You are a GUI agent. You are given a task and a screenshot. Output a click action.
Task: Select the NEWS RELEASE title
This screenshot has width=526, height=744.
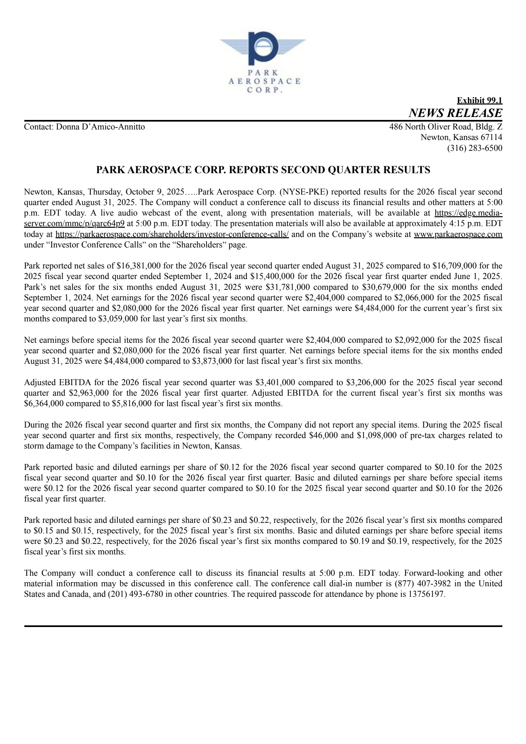[x=455, y=113]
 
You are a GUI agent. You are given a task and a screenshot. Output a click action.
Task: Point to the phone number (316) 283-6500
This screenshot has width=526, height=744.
[x=474, y=148]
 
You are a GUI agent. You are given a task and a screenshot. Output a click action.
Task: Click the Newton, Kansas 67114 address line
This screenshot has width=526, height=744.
[x=461, y=137]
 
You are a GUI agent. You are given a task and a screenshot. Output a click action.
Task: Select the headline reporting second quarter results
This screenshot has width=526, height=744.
[x=263, y=170]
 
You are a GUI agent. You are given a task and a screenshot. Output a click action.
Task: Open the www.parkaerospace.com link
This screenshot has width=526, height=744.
[x=458, y=234]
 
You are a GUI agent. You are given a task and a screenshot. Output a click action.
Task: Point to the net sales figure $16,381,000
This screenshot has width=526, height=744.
[x=136, y=266]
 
